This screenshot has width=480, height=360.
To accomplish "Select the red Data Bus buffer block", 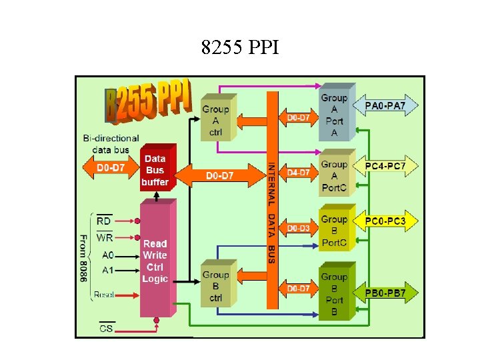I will click(x=155, y=169).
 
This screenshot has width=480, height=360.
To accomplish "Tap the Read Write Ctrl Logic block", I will click(x=155, y=260).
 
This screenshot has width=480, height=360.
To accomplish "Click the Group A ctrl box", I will click(x=215, y=120).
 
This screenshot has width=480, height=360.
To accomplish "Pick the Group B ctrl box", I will click(x=215, y=285).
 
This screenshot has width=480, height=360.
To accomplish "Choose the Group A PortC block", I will click(x=334, y=175).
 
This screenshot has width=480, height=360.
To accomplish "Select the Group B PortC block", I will click(x=334, y=230).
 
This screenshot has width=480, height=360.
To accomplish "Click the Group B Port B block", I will click(x=334, y=293).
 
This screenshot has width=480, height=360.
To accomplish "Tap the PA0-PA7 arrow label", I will click(x=391, y=105).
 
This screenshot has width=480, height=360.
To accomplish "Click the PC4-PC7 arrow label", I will click(x=391, y=165).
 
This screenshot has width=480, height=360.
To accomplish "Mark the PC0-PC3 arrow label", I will click(x=391, y=220).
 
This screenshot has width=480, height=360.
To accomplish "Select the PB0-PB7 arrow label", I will click(x=391, y=292).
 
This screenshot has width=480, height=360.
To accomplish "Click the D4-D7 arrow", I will click(x=298, y=173).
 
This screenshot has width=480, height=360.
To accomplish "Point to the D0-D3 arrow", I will click(x=298, y=228).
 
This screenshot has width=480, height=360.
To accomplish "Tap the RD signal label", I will click(x=104, y=221).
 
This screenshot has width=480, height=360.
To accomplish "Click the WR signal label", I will click(x=105, y=237).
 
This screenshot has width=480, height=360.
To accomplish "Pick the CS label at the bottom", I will click(x=106, y=328).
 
